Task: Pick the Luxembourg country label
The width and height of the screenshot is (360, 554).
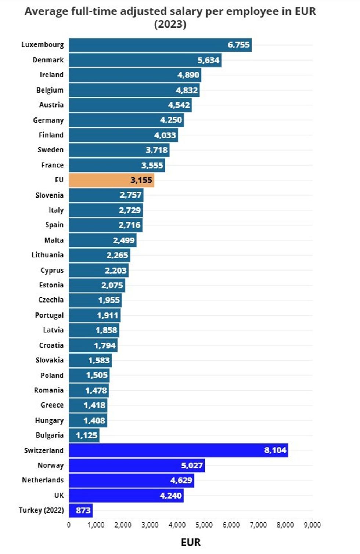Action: point(43,45)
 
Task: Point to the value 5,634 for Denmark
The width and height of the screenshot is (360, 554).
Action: point(208,60)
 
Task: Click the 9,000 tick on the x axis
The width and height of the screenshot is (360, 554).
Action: point(312,525)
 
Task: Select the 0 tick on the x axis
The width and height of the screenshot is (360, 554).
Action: point(69,525)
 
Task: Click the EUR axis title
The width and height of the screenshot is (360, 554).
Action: point(191,542)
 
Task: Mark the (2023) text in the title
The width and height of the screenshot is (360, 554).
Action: point(170,24)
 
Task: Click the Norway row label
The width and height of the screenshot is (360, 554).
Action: point(51,466)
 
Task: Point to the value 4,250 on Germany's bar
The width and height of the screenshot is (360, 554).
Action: point(171,120)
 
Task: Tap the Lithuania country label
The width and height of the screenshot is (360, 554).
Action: point(47,255)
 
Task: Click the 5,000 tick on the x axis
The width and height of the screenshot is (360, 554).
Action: point(204,525)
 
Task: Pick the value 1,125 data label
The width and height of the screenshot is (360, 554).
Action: point(87,435)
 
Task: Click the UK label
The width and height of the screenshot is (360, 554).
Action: point(59,496)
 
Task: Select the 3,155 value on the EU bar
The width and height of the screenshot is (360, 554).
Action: point(141,180)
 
